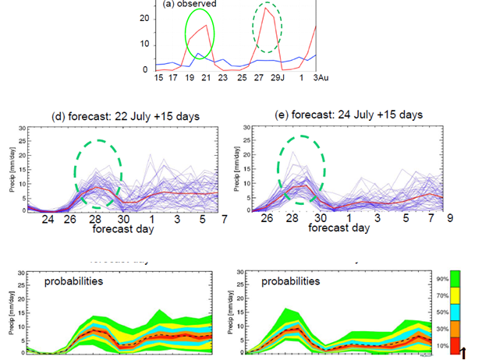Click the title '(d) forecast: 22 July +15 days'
[125, 116]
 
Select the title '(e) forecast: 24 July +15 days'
[350, 114]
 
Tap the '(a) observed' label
[190, 4]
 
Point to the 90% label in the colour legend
[442, 278]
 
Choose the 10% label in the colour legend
[442, 344]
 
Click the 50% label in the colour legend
[442, 312]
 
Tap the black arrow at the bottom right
[464, 353]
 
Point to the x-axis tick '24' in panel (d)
[48, 221]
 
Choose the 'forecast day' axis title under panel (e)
[338, 229]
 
